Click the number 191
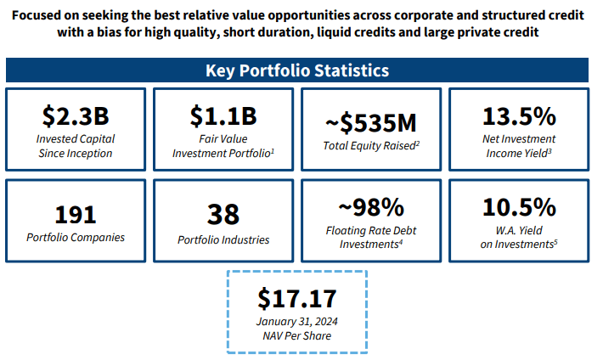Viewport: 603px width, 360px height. point(75,214)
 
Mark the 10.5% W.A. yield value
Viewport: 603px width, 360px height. point(519,207)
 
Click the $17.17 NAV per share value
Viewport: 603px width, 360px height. point(297,299)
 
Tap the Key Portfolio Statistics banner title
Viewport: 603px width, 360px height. point(297,70)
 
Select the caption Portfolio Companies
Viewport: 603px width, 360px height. point(75,237)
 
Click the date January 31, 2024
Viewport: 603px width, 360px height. point(297,321)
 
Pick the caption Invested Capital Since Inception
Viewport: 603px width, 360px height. point(75,145)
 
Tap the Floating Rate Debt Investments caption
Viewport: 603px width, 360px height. point(369,236)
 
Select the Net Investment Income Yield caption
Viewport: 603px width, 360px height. point(519,145)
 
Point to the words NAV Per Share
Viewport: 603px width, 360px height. point(297,335)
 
